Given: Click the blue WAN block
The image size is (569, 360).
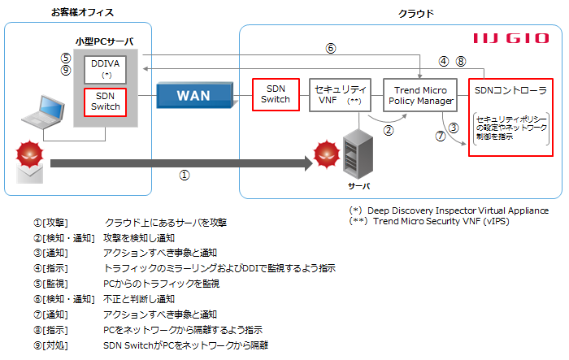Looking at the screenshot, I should tap(193, 95).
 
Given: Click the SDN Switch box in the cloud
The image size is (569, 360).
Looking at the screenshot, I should tap(275, 94).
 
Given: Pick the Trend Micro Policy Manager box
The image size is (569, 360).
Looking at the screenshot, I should tap(418, 94).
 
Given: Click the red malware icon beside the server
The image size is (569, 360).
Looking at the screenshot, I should tap(326, 152).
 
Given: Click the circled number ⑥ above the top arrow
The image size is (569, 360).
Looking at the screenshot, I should tap(330, 48).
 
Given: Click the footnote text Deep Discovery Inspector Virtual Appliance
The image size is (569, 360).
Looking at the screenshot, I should tap(463, 210).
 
